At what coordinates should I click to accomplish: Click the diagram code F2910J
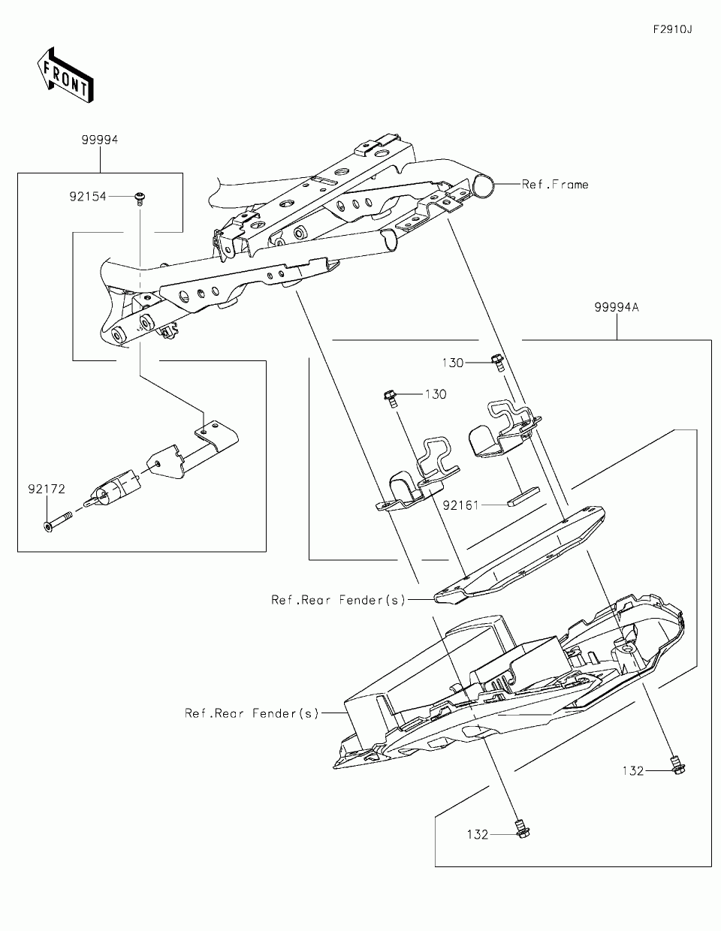(671, 30)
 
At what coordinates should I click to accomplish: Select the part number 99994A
(616, 307)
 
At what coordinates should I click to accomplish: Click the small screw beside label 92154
(140, 197)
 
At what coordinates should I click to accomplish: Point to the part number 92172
(47, 489)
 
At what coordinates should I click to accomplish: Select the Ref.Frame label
(555, 184)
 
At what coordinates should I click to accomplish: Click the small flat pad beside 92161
(523, 496)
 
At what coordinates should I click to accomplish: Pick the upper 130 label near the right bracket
(453, 363)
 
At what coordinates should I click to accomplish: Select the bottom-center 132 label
(477, 834)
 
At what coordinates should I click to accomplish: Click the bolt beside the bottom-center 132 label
(518, 827)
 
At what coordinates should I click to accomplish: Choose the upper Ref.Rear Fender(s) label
(338, 600)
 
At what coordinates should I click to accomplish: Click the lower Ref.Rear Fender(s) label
(252, 713)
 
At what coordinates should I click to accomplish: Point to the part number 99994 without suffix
(100, 140)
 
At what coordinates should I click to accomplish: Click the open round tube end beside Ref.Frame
(484, 184)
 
